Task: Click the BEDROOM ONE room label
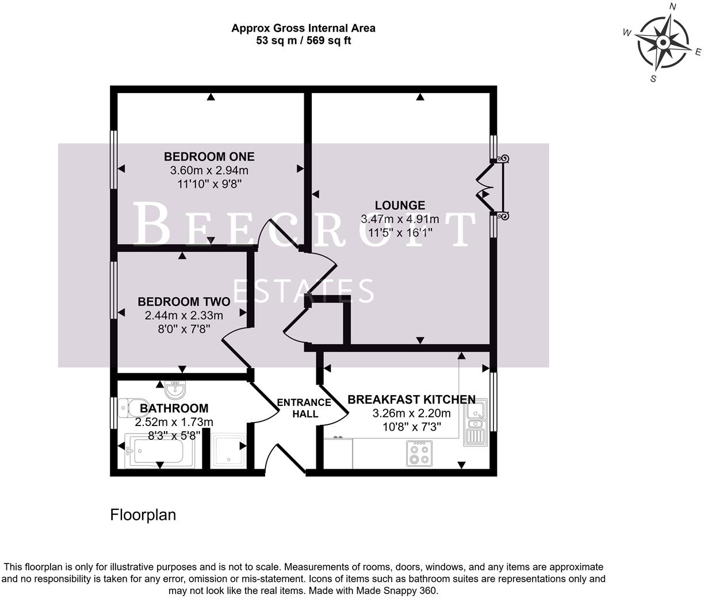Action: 209,156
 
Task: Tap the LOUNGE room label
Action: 400,205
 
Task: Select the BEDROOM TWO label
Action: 183,302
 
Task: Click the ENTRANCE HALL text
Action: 304,408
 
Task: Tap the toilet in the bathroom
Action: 127,408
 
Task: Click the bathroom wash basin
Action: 174,390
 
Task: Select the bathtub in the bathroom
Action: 154,452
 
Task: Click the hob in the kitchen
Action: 419,453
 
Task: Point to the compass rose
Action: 663,43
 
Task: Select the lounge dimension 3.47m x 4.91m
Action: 400,219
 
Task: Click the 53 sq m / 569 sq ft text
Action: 303,41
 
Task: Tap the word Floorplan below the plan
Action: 143,515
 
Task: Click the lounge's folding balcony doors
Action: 488,188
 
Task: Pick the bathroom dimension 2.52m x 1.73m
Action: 174,422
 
